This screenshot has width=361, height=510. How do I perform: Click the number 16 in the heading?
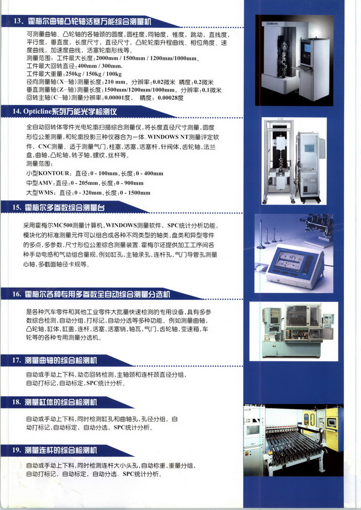[x=17, y=294]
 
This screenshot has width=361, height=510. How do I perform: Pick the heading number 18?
[x=16, y=402]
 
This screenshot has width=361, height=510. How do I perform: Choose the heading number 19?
[x=16, y=450]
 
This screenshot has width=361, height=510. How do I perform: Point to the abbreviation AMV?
[x=45, y=183]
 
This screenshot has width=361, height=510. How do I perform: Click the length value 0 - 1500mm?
[x=135, y=193]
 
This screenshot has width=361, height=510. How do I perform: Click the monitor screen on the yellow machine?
[x=331, y=422]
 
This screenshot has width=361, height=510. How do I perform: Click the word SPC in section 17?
[x=92, y=383]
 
